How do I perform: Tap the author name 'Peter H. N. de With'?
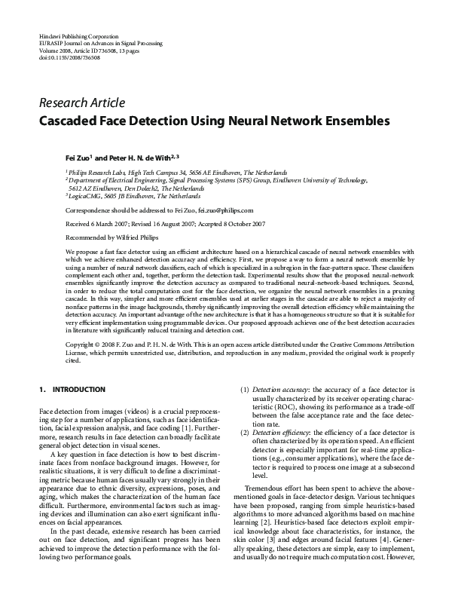(143, 159)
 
